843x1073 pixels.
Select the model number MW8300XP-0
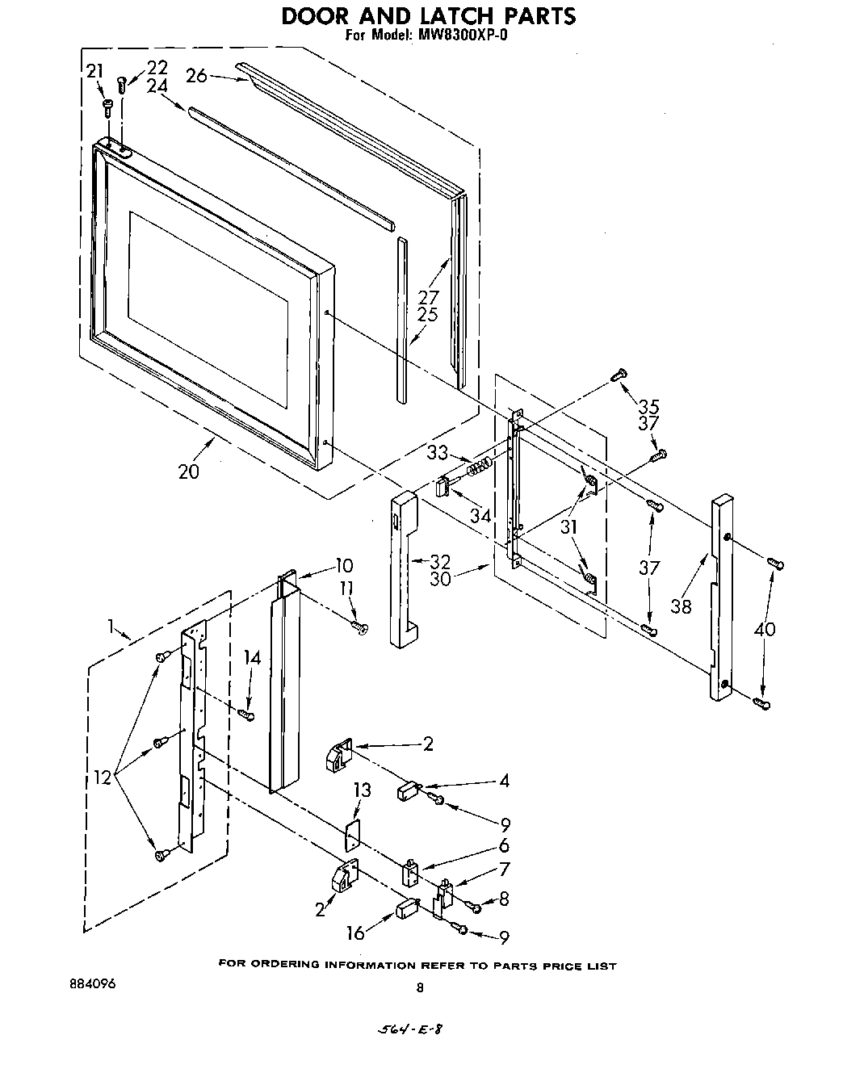[x=461, y=36]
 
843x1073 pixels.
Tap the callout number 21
[x=94, y=71]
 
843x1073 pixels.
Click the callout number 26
[x=196, y=76]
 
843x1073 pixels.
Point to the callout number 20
[x=188, y=472]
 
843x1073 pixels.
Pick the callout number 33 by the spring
[x=438, y=454]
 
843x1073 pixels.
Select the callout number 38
[x=682, y=606]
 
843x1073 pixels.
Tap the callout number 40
[x=763, y=627]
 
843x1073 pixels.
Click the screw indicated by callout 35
[x=619, y=374]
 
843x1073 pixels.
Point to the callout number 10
[x=344, y=565]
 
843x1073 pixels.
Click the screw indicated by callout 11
[x=359, y=626]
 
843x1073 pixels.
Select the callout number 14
[x=253, y=658]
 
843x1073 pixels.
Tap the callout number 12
[x=103, y=778]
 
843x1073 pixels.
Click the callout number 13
[x=363, y=790]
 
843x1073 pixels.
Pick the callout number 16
[x=355, y=933]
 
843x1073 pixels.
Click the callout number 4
[x=504, y=781]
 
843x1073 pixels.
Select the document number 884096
[x=94, y=984]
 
